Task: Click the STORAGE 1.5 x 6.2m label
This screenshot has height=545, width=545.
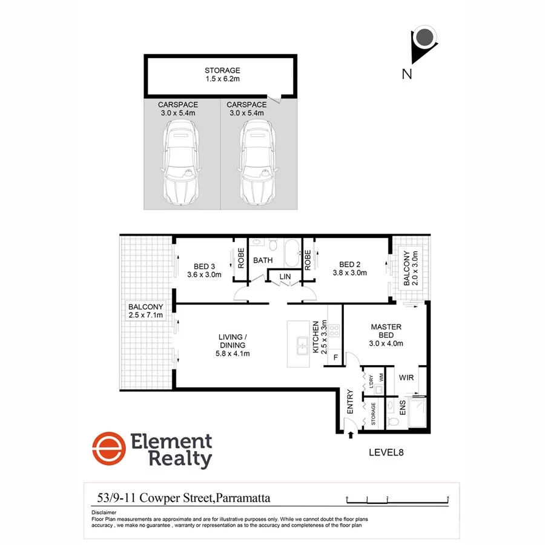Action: [222, 74]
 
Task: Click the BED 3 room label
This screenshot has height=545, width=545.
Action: [205, 270]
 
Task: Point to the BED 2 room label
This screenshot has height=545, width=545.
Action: [349, 268]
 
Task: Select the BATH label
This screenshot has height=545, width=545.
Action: [263, 260]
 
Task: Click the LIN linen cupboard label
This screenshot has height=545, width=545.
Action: [285, 277]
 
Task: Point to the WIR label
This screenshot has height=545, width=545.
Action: [406, 377]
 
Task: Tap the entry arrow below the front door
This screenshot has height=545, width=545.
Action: [351, 435]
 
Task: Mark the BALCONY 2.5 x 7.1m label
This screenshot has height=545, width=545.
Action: [146, 311]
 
